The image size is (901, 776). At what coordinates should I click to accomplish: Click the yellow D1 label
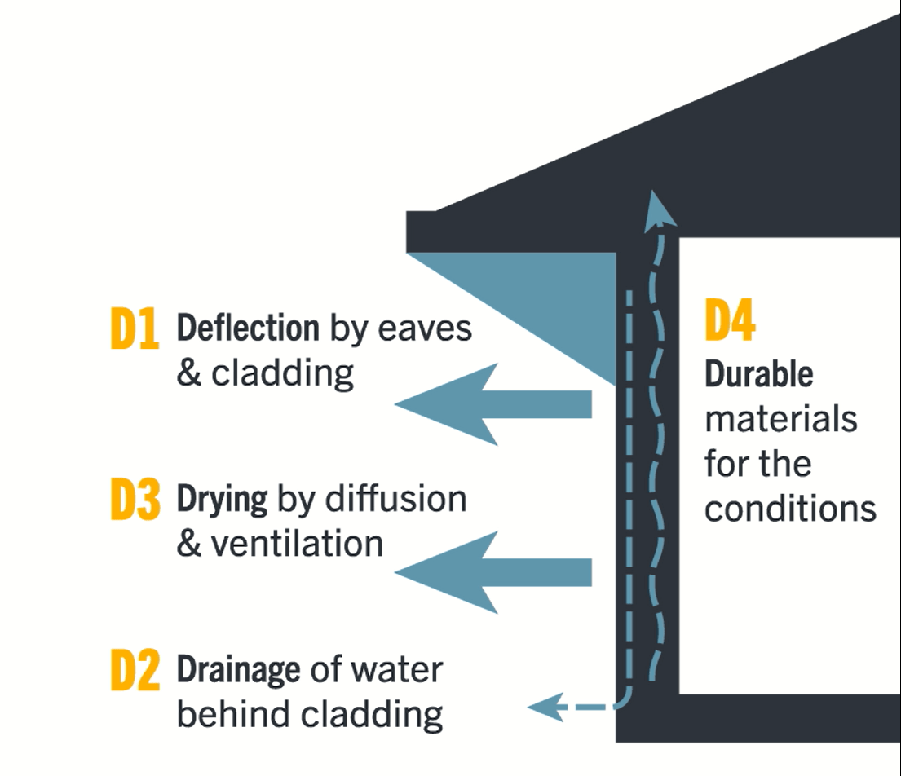click(x=134, y=329)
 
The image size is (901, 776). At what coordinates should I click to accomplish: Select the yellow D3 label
click(x=135, y=501)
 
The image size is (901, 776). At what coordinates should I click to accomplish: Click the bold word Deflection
click(x=248, y=328)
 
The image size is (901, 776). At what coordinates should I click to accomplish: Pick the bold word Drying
click(x=222, y=500)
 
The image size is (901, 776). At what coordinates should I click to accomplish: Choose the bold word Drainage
click(x=238, y=670)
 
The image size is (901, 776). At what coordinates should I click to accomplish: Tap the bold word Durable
click(x=758, y=374)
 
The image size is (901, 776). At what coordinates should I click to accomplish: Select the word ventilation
click(x=297, y=544)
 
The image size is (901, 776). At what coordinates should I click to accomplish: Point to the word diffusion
click(x=395, y=499)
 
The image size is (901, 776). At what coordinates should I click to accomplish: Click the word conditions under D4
click(x=790, y=509)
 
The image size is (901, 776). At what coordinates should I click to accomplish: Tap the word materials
click(x=780, y=419)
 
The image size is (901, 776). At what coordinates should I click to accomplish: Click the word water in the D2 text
click(x=396, y=671)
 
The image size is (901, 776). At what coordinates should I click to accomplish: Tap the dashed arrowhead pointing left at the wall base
click(x=545, y=706)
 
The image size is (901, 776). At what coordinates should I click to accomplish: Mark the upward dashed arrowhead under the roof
click(x=660, y=209)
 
